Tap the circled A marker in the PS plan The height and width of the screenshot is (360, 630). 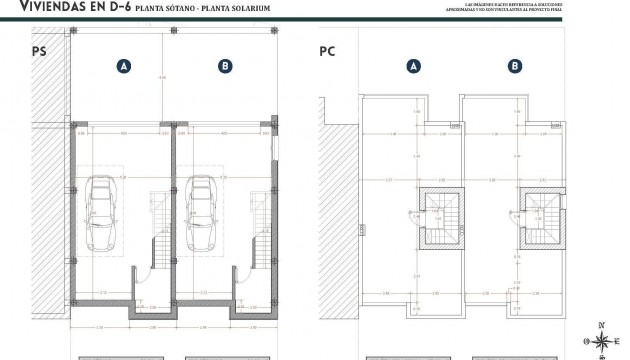123,67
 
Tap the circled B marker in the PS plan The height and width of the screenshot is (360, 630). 224,67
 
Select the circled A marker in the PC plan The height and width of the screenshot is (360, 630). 413,67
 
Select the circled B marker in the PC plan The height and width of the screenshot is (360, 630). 514,67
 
